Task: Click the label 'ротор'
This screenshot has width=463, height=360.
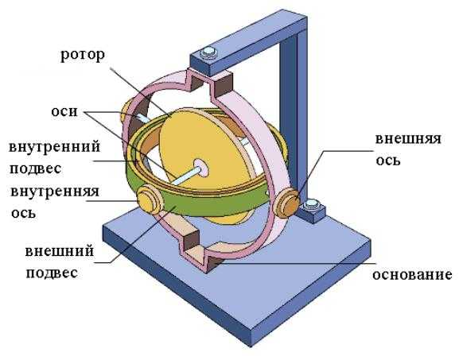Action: click(83, 56)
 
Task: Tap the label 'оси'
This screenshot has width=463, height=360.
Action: click(64, 111)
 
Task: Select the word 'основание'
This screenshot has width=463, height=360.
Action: click(412, 274)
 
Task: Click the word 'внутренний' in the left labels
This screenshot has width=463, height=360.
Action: click(55, 147)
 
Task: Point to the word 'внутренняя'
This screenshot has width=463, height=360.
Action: click(55, 192)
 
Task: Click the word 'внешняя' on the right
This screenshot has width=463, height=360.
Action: click(408, 139)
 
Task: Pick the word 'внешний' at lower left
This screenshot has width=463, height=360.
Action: click(60, 251)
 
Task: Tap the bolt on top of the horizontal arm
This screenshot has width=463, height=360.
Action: click(208, 52)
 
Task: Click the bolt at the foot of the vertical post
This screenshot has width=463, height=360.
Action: click(311, 204)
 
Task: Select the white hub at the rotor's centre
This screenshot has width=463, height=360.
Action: click(201, 168)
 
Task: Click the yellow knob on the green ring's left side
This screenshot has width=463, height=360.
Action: click(148, 199)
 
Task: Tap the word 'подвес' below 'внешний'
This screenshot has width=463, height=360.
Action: click(52, 273)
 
